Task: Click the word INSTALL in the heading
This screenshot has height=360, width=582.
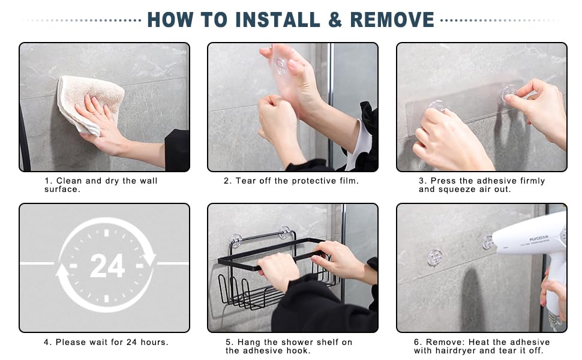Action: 277,20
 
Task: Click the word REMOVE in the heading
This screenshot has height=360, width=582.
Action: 392,20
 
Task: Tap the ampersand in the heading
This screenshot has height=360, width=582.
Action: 335,20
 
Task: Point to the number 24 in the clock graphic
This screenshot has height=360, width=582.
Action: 107,266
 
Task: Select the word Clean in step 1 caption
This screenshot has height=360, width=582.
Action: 69,181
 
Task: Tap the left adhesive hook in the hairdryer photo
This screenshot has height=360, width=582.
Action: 434,257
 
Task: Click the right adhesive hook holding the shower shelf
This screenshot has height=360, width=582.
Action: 284,232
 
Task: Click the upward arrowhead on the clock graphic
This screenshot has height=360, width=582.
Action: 62,271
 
